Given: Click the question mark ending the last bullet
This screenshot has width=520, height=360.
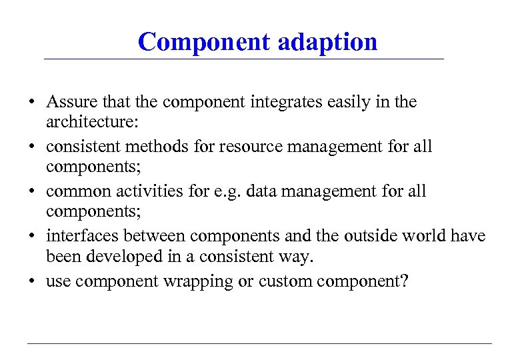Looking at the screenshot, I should coord(403,281).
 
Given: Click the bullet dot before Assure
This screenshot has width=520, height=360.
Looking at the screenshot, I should coord(31,103).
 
